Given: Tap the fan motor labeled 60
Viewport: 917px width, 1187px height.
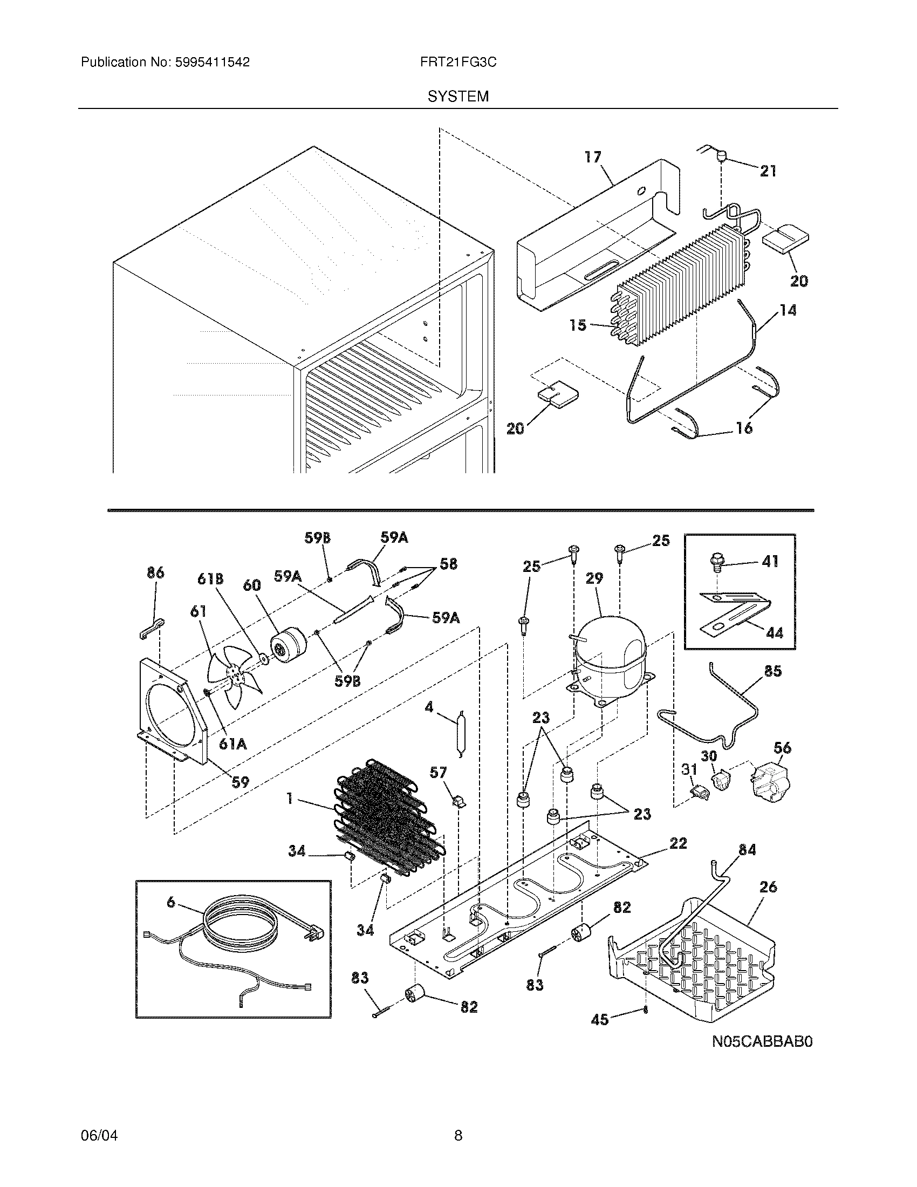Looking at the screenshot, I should point(288,647).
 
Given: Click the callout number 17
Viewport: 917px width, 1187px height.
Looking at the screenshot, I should point(593,157).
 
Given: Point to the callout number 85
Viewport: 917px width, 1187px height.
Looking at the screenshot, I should point(772,671).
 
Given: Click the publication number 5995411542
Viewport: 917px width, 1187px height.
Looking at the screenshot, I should point(212,63).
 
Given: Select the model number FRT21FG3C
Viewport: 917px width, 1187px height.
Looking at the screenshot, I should point(458,63).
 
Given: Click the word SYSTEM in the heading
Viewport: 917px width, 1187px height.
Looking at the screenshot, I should point(458,97).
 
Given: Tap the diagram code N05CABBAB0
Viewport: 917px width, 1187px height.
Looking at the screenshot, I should point(762,1042).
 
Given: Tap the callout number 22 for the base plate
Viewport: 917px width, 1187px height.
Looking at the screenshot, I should point(678,843).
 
